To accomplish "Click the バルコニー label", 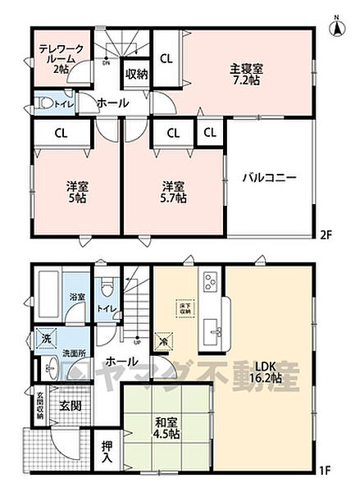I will coord(269,177).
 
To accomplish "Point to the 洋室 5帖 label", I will coord(77,192).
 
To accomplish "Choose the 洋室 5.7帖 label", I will coord(173,192).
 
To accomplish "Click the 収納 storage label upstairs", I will coord(137,75).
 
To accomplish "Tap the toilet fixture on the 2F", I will coord(47,104).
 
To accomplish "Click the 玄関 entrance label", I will coord(70,406).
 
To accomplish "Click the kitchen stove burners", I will coord(208,283).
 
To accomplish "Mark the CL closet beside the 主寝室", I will coord(166,59).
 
